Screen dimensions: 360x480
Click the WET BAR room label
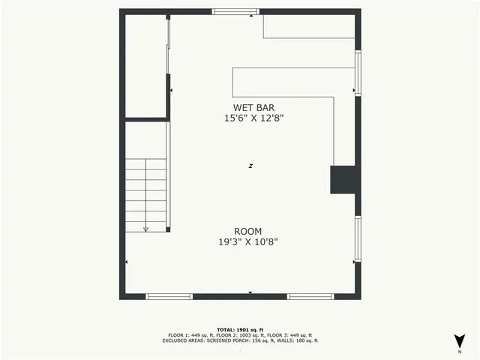point(254,107)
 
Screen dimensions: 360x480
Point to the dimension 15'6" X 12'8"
point(254,118)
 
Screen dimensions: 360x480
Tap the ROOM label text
point(247,231)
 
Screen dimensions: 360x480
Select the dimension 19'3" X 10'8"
point(247,242)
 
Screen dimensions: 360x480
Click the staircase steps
point(145,195)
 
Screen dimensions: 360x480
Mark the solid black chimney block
point(344,180)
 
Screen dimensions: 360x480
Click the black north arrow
point(459,339)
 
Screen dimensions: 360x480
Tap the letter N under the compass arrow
point(459,351)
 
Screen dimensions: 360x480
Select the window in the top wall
point(235,11)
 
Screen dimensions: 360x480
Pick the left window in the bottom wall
point(169,297)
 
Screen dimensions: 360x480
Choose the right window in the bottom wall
point(310,297)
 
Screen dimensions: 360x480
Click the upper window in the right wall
point(358,73)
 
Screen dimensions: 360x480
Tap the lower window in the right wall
point(358,239)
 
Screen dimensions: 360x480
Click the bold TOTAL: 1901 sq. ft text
point(240,329)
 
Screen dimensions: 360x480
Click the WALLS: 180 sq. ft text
point(298,340)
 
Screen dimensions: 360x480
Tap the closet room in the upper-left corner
point(145,66)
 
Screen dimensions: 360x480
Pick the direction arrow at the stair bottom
point(145,229)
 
